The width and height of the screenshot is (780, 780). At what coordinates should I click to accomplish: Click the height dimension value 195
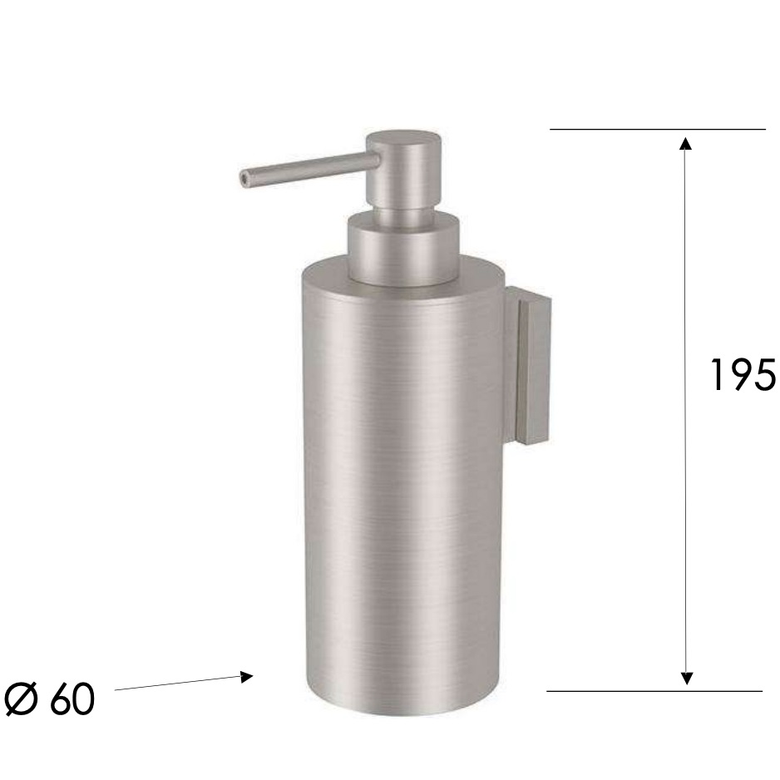(x=743, y=375)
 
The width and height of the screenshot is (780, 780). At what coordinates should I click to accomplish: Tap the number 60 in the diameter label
(x=72, y=700)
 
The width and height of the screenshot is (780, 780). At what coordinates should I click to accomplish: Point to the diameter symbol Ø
(x=22, y=700)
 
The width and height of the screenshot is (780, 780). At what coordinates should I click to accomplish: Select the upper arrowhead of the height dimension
(x=686, y=143)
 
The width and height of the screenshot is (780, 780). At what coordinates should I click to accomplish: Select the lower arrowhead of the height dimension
(x=686, y=678)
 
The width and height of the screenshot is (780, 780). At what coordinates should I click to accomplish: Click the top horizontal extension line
(x=657, y=130)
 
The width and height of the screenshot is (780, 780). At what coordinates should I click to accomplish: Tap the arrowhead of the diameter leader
(x=246, y=677)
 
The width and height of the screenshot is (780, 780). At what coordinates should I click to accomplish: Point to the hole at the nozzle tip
(x=244, y=178)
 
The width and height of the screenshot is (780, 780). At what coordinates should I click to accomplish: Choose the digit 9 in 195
(x=742, y=375)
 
